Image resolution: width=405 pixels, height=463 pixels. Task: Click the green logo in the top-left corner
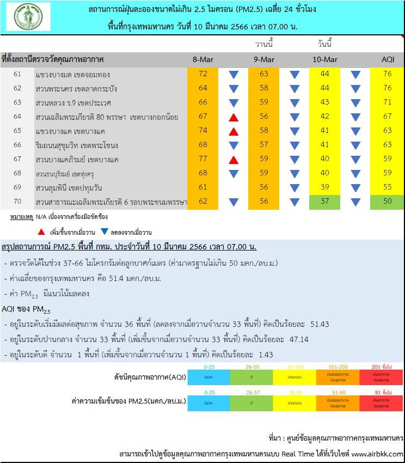pyautogui.click(x=28, y=16)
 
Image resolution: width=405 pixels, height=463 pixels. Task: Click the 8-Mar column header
pyautogui.click(x=203, y=59)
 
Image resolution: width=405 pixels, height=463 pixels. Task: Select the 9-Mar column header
pyautogui.click(x=264, y=59)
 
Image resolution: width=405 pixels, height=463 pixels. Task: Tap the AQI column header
pyautogui.click(x=387, y=59)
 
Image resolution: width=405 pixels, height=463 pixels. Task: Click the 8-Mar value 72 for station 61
pyautogui.click(x=203, y=74)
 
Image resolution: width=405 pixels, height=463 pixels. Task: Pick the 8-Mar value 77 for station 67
pyautogui.click(x=203, y=160)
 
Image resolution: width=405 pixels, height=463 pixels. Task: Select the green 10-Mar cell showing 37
pyautogui.click(x=325, y=202)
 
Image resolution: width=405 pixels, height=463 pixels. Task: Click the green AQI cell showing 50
pyautogui.click(x=387, y=202)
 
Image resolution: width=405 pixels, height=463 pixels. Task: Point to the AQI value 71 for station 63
pyautogui.click(x=387, y=102)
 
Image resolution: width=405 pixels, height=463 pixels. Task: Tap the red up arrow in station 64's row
pyautogui.click(x=234, y=117)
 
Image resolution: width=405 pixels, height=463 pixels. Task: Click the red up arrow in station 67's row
pyautogui.click(x=234, y=160)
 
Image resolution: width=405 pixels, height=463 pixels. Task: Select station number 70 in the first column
pyautogui.click(x=17, y=202)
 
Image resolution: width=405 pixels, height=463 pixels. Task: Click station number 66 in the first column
pyautogui.click(x=17, y=145)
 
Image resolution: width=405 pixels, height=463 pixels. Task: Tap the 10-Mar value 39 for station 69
pyautogui.click(x=325, y=188)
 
